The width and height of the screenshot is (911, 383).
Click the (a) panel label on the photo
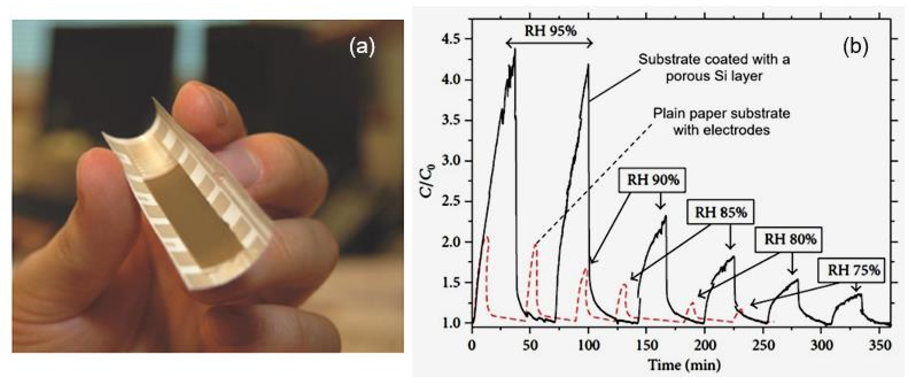click(361, 48)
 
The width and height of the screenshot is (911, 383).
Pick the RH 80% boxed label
click(790, 239)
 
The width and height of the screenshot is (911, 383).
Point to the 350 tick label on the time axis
click(879, 345)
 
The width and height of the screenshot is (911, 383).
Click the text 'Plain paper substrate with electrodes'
click(722, 122)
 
